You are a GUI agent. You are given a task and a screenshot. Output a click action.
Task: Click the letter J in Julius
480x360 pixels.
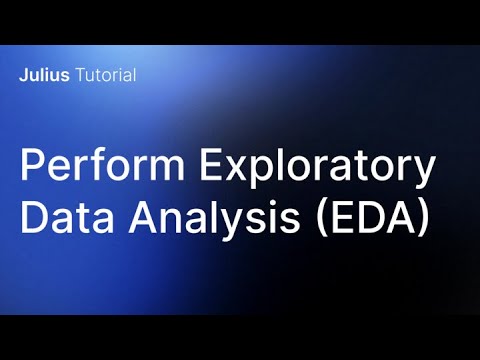22,76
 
